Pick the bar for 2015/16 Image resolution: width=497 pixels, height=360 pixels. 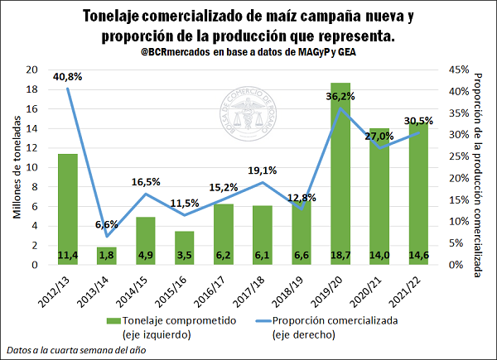click(x=185, y=247)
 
